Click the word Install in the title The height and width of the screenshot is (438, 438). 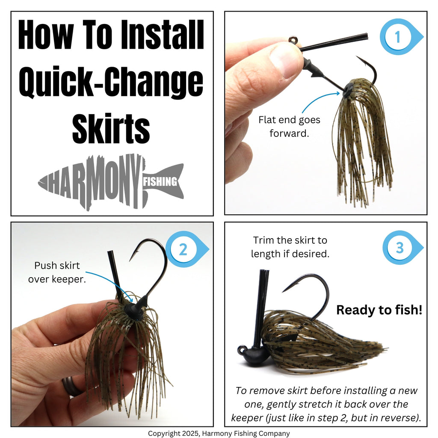pyautogui.click(x=162, y=35)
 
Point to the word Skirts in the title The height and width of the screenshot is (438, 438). pyautogui.click(x=111, y=128)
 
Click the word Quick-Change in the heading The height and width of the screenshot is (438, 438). pyautogui.click(x=111, y=82)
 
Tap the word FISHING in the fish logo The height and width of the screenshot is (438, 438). pyautogui.click(x=160, y=182)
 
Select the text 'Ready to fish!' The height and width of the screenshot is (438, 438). pyautogui.click(x=379, y=310)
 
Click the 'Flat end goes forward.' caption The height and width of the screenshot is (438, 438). pyautogui.click(x=289, y=127)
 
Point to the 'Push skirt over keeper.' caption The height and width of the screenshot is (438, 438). pyautogui.click(x=57, y=272)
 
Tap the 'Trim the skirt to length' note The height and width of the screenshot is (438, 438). pyautogui.click(x=290, y=247)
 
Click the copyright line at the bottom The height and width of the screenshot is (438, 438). pyautogui.click(x=219, y=433)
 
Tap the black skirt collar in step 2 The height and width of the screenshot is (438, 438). pyautogui.click(x=133, y=311)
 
